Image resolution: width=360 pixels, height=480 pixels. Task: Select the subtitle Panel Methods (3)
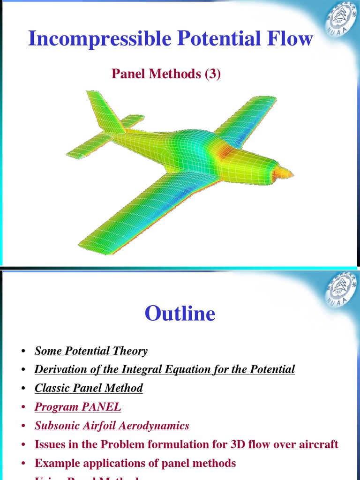[166, 74]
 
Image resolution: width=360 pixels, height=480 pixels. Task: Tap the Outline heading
[180, 314]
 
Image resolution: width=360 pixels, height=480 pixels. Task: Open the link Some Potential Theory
[91, 351]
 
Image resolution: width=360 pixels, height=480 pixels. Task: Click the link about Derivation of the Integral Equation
[165, 369]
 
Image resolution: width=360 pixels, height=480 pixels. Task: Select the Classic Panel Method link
[89, 388]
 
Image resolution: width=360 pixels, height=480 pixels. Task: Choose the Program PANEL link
[78, 407]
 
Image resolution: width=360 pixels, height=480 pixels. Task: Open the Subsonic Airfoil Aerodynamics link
[112, 426]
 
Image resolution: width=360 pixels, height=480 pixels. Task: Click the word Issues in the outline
[50, 444]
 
